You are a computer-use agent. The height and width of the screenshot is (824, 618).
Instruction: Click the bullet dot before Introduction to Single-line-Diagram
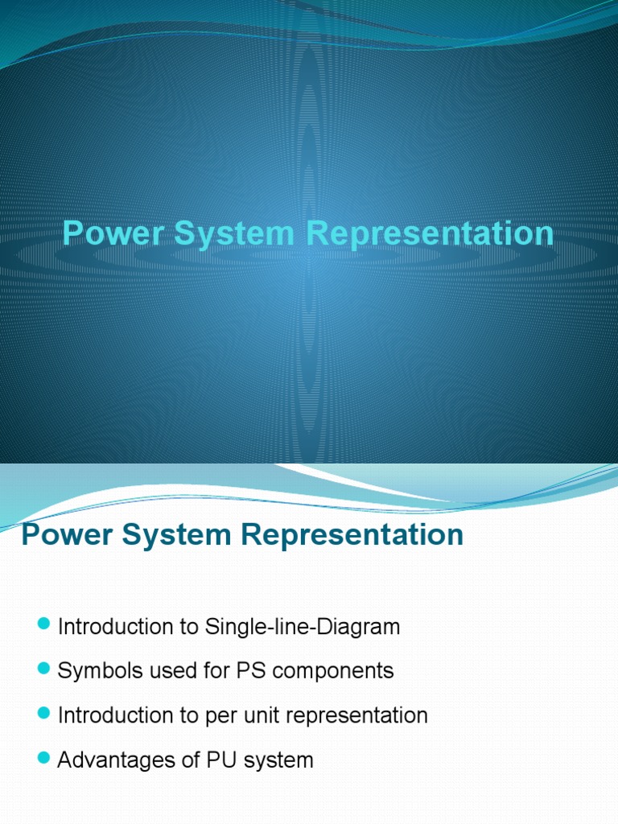point(43,625)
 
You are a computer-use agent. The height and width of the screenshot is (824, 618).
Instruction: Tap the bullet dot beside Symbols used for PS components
point(43,669)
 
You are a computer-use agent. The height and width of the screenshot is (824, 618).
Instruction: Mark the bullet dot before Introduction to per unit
point(43,714)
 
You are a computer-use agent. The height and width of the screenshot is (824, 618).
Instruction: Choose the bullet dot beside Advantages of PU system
point(43,758)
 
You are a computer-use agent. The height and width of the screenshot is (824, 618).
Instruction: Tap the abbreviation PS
point(242,671)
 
